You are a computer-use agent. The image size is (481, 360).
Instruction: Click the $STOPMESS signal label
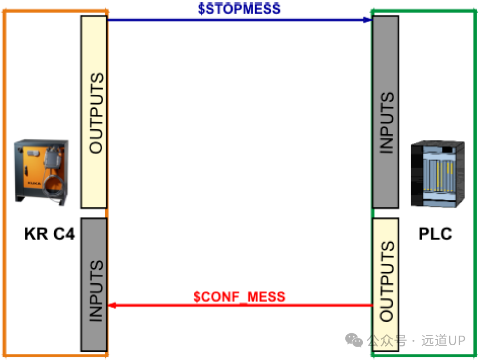[239, 9]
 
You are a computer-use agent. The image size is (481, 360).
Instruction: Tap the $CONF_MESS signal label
[240, 297]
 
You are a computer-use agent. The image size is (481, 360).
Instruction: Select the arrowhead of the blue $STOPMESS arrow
[367, 20]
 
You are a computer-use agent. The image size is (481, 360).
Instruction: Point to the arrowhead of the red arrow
[112, 305]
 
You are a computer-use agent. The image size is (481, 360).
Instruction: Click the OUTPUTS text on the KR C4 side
[96, 113]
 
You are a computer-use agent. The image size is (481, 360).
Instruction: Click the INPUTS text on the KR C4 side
[96, 291]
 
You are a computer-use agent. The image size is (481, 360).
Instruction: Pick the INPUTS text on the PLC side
[387, 122]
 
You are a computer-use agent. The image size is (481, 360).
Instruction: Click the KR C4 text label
[49, 234]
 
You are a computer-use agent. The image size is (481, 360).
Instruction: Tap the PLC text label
[435, 234]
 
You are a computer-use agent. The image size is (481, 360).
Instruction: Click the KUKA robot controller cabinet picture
[41, 172]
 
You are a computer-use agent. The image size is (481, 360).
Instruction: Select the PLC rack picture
[437, 174]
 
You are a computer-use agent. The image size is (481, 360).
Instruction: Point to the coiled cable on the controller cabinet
[54, 186]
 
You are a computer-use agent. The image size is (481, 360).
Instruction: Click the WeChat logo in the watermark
[354, 340]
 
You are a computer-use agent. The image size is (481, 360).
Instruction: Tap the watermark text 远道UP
[443, 340]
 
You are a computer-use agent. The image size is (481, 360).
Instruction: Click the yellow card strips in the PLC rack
[445, 176]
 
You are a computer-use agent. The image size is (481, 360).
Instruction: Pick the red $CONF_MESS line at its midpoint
[240, 305]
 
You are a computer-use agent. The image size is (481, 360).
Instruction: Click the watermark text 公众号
[387, 340]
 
